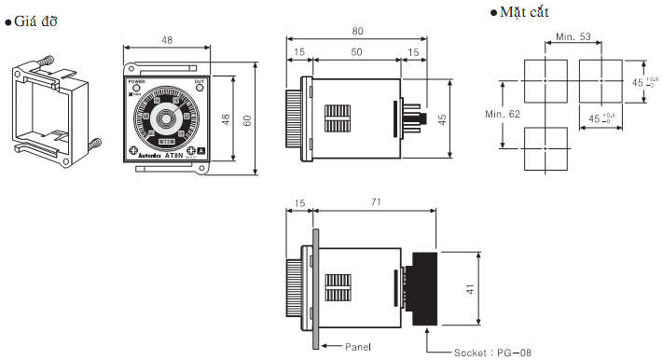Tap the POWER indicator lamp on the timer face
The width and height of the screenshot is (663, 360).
point(135,89)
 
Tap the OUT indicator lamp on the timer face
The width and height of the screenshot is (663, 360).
point(199,89)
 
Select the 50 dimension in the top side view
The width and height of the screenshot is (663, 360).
point(357,52)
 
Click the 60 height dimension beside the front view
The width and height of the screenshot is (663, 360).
point(247,122)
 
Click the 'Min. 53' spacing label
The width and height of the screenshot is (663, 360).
point(573,36)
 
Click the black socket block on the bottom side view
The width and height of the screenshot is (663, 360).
point(425,288)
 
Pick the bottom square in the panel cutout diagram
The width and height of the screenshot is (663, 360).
point(544,148)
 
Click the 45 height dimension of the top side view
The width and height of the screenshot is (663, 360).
point(443,118)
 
